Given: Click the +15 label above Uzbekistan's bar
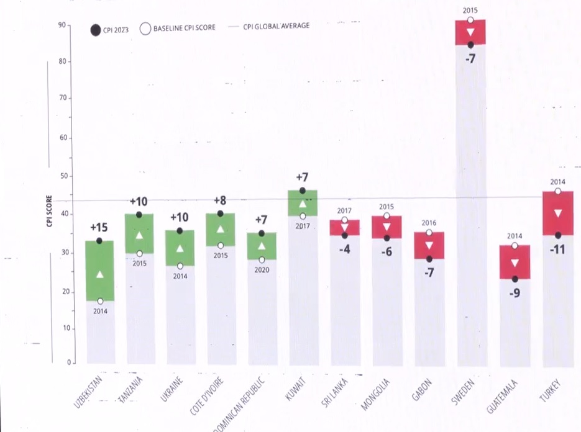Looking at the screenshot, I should pos(99,228).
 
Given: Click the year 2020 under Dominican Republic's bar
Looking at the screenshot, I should pos(261,271).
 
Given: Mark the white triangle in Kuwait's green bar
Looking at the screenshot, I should pos(303,204).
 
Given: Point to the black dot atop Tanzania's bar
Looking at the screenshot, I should pos(139,215).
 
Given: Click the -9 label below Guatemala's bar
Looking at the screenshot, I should pos(515,293).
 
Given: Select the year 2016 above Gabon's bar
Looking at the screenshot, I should pos(429,223).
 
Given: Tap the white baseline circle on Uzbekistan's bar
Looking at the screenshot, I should pos(100,301).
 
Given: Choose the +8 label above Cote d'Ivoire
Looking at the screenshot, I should pos(220,200).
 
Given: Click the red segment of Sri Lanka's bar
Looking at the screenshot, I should pos(345,227).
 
